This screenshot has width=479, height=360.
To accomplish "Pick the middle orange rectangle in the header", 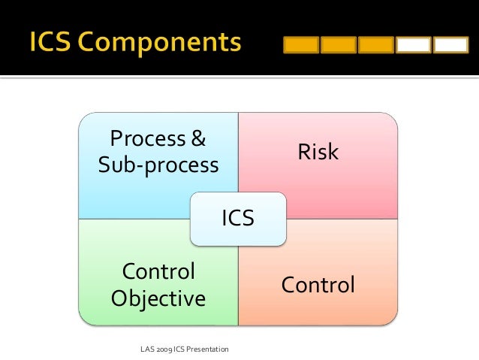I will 338,45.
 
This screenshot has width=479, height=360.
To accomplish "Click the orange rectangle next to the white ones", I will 375,45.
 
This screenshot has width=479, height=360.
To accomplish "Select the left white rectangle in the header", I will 414,45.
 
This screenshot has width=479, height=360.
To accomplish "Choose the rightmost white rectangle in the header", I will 451,45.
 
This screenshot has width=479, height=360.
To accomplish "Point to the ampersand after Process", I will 198,139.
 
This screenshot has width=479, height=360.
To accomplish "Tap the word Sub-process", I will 158,165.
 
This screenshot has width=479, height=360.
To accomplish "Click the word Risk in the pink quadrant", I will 318,153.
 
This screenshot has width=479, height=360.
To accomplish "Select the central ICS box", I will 238,219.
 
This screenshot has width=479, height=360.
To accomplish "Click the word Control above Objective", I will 158,271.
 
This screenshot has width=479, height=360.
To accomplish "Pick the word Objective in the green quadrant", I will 158,298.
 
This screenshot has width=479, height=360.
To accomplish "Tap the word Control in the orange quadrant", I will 318,285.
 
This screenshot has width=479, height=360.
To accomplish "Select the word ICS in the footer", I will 185,349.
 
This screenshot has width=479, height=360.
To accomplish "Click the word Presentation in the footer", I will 211,349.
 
